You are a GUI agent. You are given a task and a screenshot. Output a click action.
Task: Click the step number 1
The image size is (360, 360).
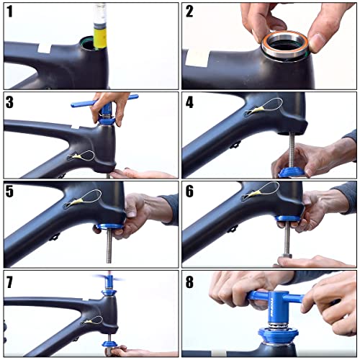(x=9, y=12)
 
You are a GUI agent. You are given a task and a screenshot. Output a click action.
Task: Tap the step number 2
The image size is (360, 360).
(x=189, y=12)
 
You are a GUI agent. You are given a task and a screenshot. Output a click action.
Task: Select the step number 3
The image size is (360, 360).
(x=9, y=102)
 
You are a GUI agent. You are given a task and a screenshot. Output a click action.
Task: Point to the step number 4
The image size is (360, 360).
(x=189, y=102)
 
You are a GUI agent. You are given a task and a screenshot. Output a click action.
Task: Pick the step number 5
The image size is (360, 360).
(x=9, y=192)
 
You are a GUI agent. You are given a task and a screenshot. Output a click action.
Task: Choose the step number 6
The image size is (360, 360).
(x=189, y=192)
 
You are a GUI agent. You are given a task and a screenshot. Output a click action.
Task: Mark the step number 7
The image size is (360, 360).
(x=9, y=282)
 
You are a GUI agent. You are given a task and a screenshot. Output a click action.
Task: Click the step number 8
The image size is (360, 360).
(x=189, y=282)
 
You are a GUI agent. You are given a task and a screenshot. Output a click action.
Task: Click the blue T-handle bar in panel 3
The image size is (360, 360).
(x=104, y=100)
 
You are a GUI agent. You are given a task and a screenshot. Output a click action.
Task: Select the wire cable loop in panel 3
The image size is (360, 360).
(x=83, y=156)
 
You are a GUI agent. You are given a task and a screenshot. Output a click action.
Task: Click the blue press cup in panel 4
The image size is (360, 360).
(x=291, y=172)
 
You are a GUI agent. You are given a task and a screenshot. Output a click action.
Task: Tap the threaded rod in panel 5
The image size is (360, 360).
(x=109, y=246)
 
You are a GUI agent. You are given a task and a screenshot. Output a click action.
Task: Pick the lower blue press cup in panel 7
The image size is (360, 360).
(x=109, y=343)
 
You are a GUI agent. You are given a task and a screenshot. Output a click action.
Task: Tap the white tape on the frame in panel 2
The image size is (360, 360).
(x=197, y=58)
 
